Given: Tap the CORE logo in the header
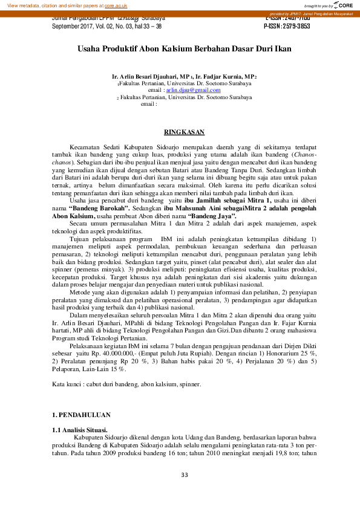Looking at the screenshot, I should pyautogui.click(x=342, y=5).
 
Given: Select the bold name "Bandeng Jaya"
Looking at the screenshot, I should pyautogui.click(x=212, y=215).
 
